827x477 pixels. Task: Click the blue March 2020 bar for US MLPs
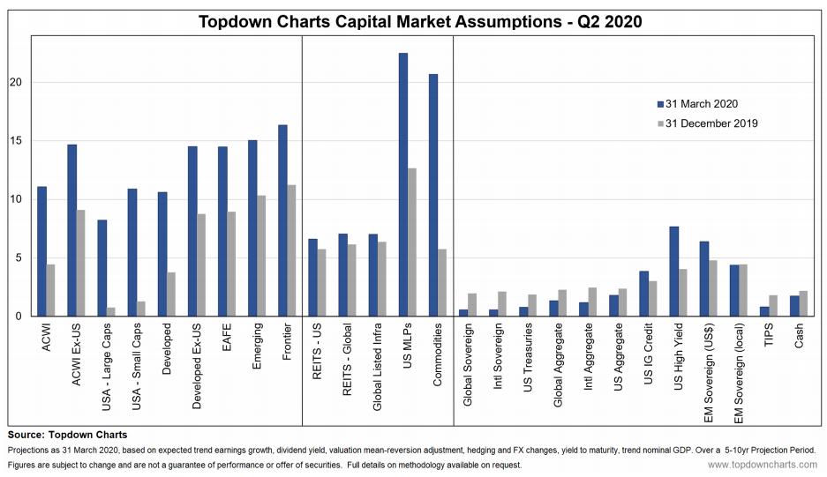point(403,184)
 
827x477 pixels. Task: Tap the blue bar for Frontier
point(282,220)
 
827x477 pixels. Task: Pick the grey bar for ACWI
point(52,290)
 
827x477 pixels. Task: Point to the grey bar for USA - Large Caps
point(112,311)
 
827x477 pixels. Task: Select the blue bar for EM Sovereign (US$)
point(703,279)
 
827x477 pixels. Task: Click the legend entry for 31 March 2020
point(696,104)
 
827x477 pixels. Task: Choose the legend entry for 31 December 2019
point(705,123)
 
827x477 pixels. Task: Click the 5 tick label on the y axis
point(20,257)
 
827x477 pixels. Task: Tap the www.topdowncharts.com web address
point(762,465)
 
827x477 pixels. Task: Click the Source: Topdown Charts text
point(67,436)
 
